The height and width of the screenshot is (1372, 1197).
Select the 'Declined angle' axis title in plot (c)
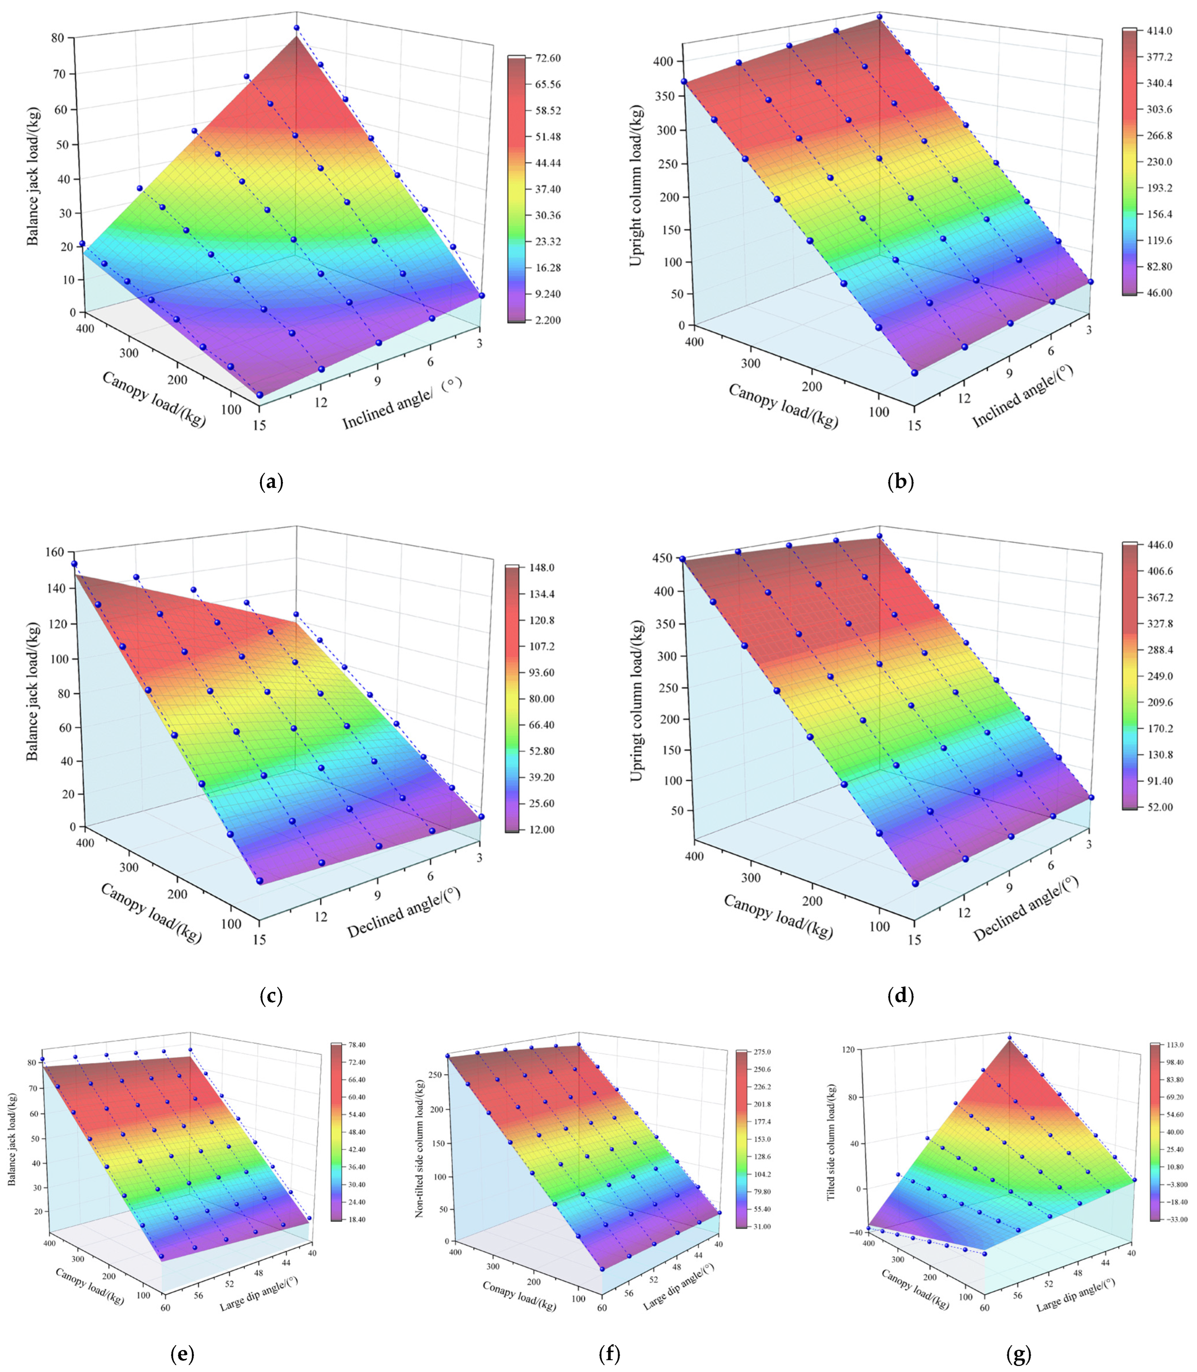pos(404,913)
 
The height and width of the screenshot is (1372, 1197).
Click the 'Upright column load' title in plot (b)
pos(636,186)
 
